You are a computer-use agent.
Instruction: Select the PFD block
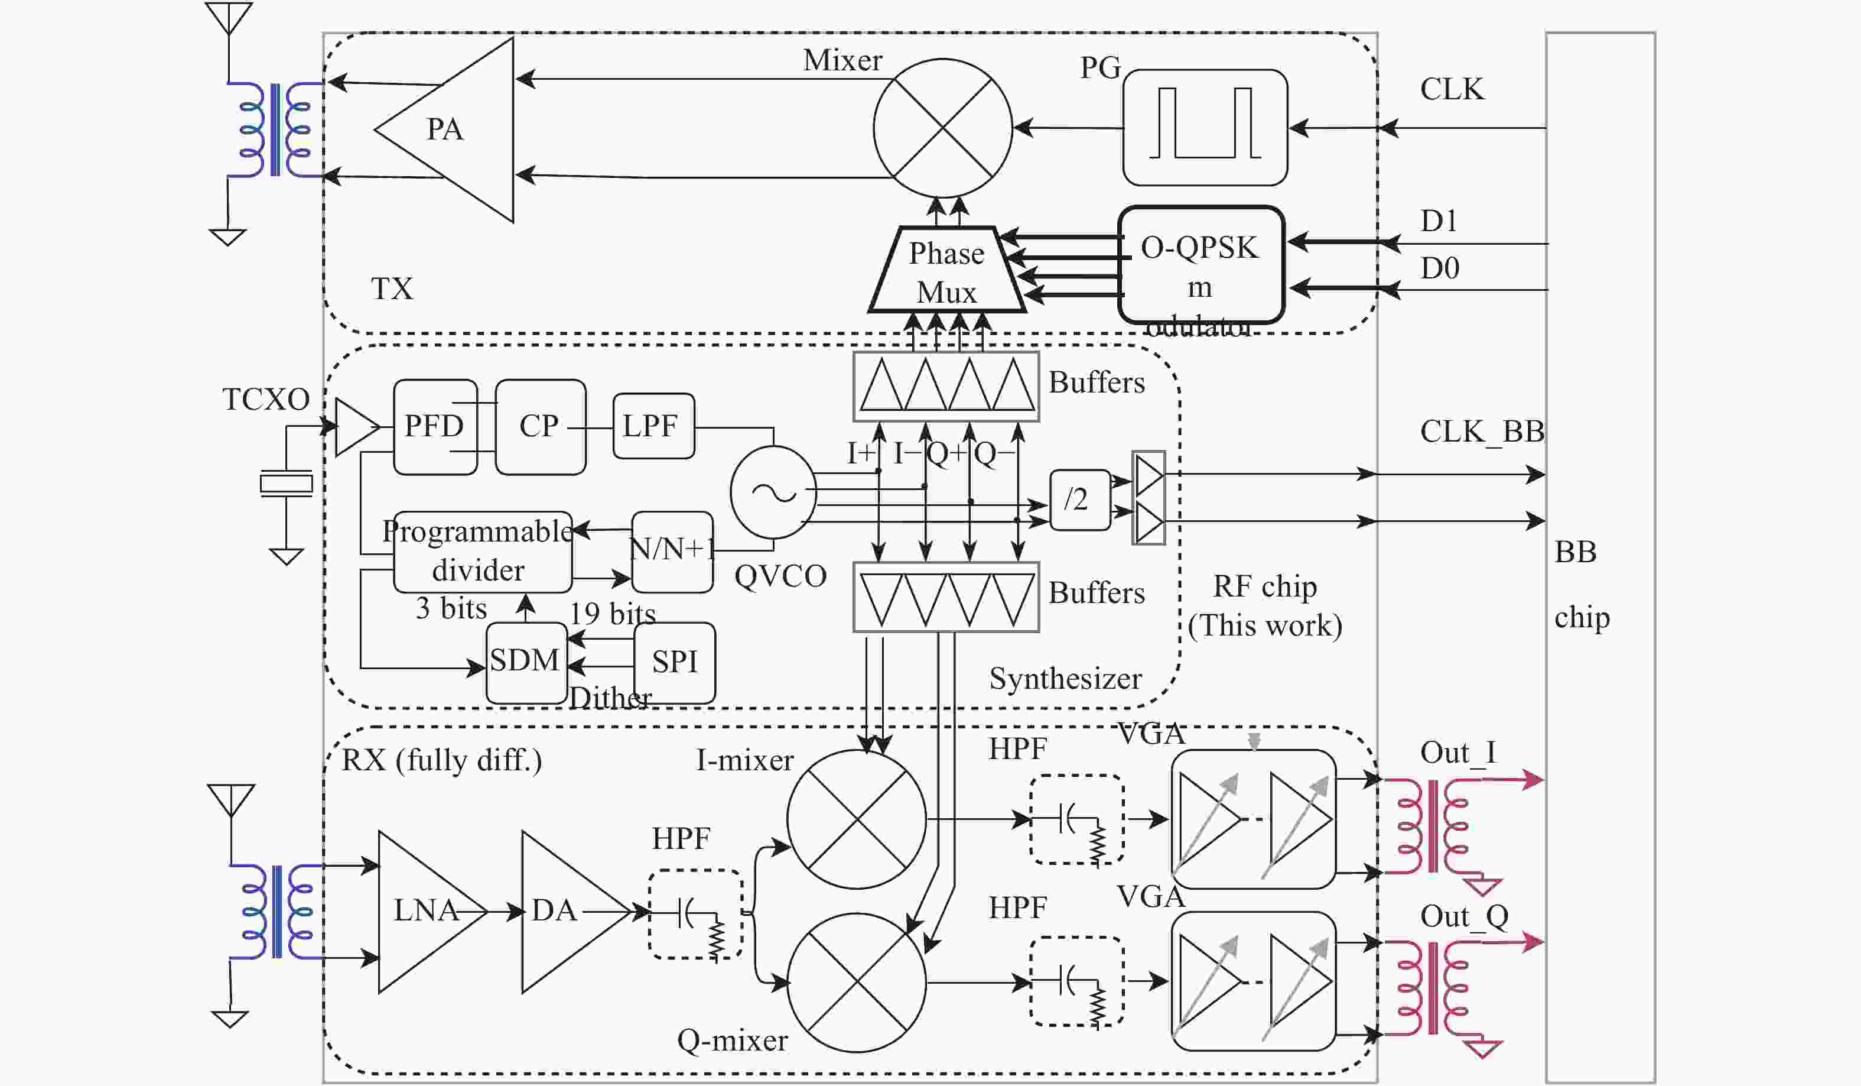pos(435,426)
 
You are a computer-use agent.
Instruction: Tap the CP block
pos(540,426)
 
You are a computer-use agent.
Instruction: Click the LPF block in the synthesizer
pos(653,426)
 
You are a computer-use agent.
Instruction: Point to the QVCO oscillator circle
pos(773,492)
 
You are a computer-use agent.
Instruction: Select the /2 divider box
pos(1079,500)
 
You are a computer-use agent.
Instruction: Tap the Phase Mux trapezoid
pos(946,271)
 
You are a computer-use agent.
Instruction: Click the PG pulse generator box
pos(1205,127)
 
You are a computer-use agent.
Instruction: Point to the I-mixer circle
pos(856,819)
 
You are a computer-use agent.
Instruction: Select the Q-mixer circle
pos(856,982)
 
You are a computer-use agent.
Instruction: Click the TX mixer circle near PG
pos(942,128)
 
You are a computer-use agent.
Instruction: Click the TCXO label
pos(266,400)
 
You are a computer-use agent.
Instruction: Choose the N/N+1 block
pos(672,550)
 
